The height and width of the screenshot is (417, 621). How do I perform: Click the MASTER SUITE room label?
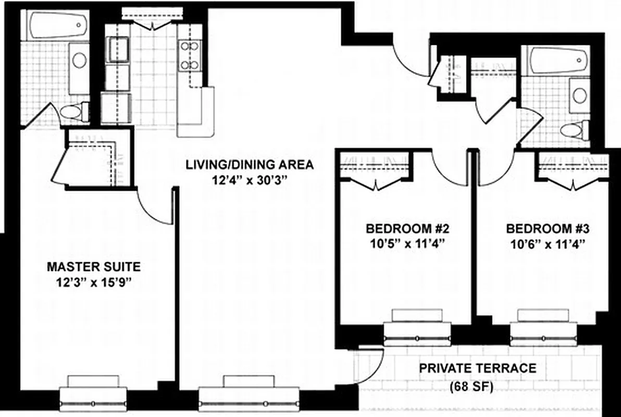point(93,267)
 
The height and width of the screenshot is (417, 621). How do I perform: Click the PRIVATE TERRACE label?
point(478,369)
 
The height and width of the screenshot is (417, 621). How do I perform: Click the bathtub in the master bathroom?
point(58,25)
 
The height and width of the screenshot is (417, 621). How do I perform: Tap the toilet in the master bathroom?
point(73,111)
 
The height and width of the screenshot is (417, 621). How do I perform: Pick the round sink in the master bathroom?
point(79,60)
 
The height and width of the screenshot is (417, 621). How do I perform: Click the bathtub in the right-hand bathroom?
point(556,61)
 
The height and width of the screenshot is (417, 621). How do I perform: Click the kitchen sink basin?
point(118,50)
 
